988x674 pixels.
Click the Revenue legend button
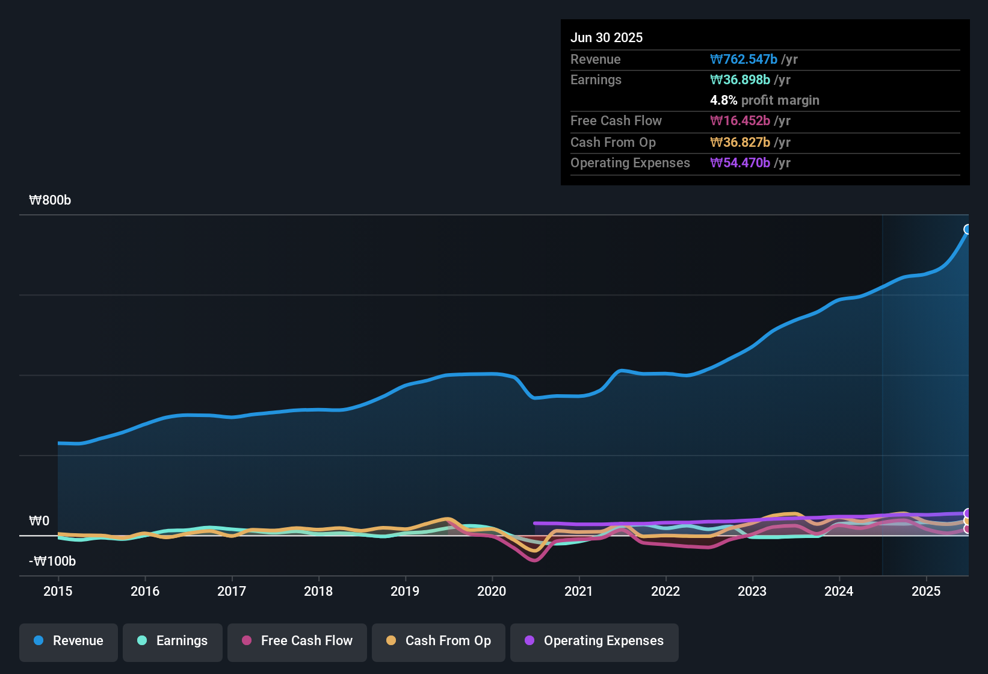(69, 641)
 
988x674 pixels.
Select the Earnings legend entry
(173, 641)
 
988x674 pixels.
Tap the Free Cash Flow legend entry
(297, 641)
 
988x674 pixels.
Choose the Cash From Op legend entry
(439, 641)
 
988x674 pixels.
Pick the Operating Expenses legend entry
(594, 641)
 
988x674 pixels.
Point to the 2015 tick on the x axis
(58, 591)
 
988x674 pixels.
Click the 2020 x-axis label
(492, 591)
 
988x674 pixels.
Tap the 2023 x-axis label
(752, 591)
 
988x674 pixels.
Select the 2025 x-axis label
(926, 591)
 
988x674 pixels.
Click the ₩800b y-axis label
(50, 200)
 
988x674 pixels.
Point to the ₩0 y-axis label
(39, 521)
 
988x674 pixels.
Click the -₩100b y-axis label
(52, 561)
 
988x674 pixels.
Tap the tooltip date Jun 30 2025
(607, 37)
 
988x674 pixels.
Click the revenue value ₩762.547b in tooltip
(744, 59)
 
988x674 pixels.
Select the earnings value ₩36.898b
(740, 79)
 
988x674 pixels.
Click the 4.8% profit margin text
(765, 100)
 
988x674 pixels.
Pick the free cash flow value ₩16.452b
(740, 120)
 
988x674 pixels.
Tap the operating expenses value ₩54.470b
(740, 162)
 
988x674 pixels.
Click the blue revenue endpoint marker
(968, 229)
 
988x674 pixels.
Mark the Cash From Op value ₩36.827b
(740, 142)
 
